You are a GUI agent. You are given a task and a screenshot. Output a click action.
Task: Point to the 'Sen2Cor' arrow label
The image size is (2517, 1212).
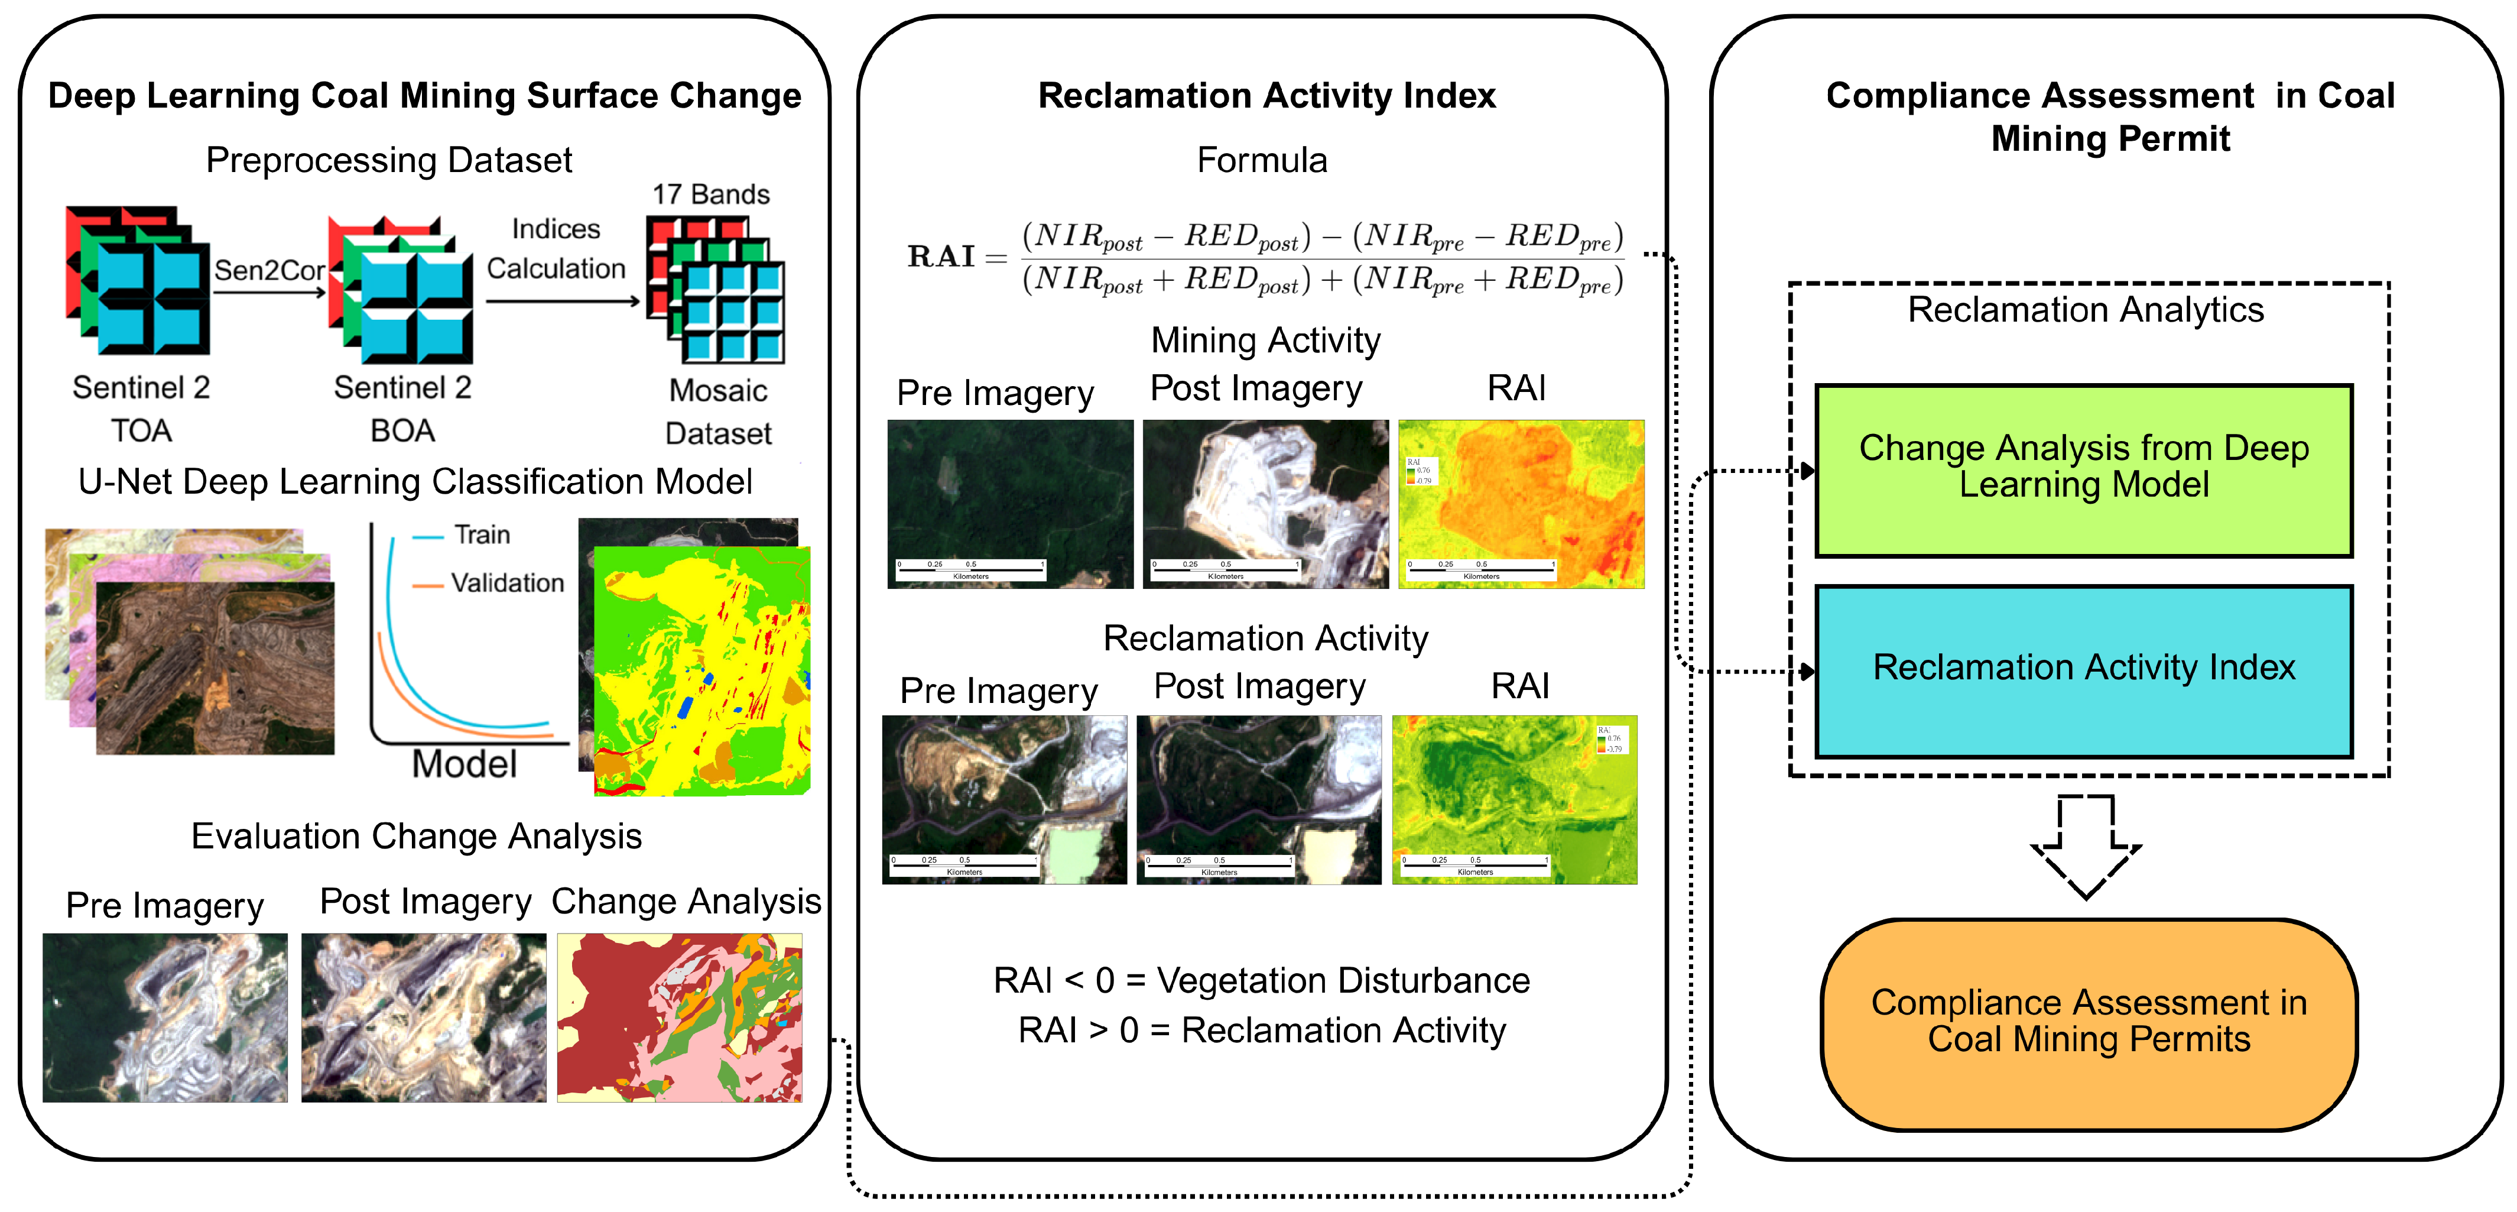click(269, 270)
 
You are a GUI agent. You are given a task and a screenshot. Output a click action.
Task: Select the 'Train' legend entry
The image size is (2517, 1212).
click(480, 534)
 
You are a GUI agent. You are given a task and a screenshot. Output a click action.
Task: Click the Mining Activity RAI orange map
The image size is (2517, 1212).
click(1521, 504)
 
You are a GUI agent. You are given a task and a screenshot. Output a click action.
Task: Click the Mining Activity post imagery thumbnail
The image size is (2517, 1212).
click(1265, 504)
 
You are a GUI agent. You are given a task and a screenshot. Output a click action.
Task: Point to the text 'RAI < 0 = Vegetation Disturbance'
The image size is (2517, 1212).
click(1261, 980)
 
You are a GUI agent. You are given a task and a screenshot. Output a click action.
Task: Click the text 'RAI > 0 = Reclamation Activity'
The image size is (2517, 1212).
click(1261, 1030)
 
